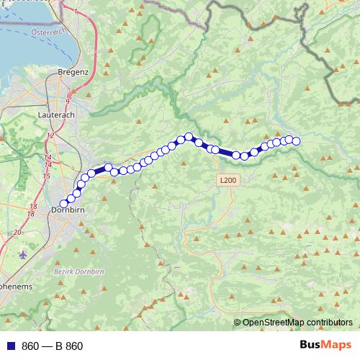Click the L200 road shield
pyautogui.click(x=227, y=181)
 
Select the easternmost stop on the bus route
pyautogui.click(x=295, y=140)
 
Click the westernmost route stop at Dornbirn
pyautogui.click(x=63, y=204)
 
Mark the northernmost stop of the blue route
pyautogui.click(x=189, y=136)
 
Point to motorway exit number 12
pyautogui.click(x=51, y=135)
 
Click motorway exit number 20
pyautogui.click(x=18, y=233)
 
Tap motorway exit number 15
pyautogui.click(x=46, y=176)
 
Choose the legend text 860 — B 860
pyautogui.click(x=52, y=346)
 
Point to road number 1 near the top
pyautogui.click(x=76, y=12)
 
